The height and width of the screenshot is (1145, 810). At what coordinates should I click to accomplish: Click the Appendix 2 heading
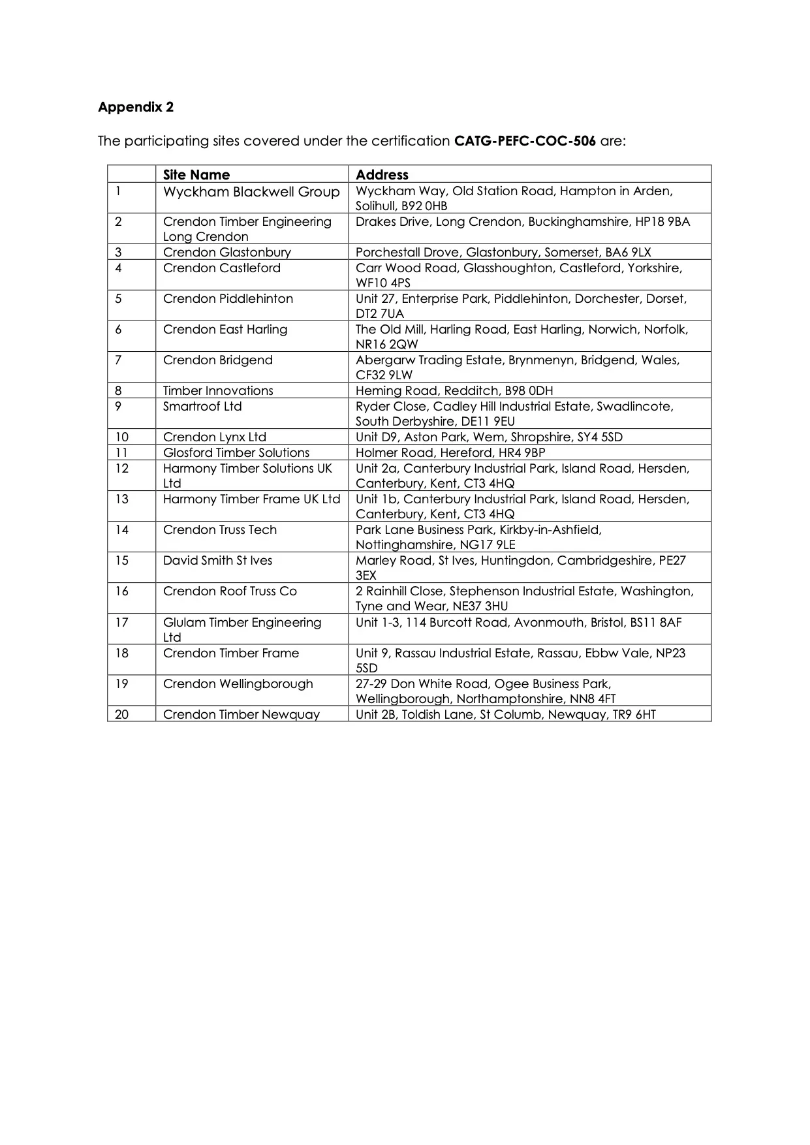pos(136,107)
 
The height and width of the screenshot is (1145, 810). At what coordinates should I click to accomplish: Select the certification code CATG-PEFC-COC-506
pos(525,141)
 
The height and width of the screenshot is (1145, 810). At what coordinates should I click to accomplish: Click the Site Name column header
pos(196,174)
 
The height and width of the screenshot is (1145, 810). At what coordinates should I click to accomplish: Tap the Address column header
pos(382,174)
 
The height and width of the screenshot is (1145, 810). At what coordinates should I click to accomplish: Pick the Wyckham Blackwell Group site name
pos(251,192)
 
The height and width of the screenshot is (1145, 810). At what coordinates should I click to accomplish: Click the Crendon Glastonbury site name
pos(227,252)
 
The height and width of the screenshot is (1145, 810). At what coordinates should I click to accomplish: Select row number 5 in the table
pos(118,299)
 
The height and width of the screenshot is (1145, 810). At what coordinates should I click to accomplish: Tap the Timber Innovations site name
pos(218,390)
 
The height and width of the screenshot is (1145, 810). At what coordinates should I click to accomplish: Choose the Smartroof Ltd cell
pos(202,406)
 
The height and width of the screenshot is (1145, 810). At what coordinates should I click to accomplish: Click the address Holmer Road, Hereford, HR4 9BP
pos(450,452)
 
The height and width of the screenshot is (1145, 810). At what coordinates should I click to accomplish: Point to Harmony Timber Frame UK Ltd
pos(251,499)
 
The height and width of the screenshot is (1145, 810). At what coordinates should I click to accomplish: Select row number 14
pos(122,529)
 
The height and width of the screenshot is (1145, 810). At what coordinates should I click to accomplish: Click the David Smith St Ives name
pos(217,560)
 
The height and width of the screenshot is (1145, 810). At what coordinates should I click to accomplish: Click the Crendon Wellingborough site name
pos(238,683)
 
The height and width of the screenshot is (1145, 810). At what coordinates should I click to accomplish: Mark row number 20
pos(122,714)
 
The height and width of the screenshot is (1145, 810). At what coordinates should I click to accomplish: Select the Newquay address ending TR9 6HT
pos(506,714)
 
